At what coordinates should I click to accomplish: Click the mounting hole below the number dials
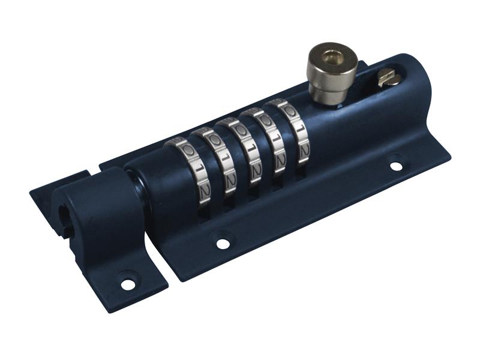coord(223,243)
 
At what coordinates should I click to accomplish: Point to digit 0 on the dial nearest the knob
coord(290,110)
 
